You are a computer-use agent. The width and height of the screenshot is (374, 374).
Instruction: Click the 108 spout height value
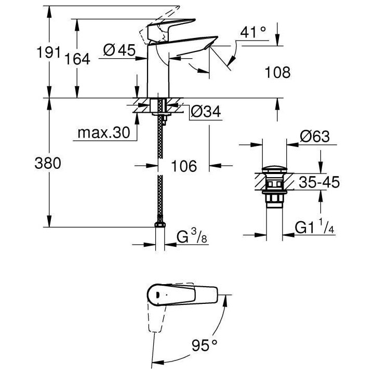pos(276,72)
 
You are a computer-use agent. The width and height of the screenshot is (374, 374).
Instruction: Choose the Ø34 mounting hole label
pos(205,111)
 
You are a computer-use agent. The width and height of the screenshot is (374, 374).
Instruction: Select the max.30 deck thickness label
pos(103,133)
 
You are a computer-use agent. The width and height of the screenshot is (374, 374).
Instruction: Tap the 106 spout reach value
pos(183,166)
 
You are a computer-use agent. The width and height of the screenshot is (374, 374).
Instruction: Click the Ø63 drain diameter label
pos(314,137)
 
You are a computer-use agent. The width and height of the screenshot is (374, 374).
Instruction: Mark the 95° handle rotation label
pos(203,345)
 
